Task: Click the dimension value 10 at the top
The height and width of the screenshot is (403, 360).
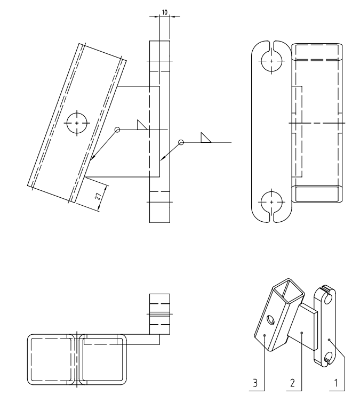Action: pos(165,12)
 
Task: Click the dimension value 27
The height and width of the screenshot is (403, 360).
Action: pos(98,197)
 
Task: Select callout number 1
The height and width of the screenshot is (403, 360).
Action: pos(335,383)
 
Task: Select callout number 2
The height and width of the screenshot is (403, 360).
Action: pos(292,383)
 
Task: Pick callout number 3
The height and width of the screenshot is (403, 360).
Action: pos(255,383)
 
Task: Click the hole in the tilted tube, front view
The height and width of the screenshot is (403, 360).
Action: pos(77,123)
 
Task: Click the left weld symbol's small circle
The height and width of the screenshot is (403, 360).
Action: pos(117,130)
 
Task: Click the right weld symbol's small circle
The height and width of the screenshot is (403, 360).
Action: pos(181,142)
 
